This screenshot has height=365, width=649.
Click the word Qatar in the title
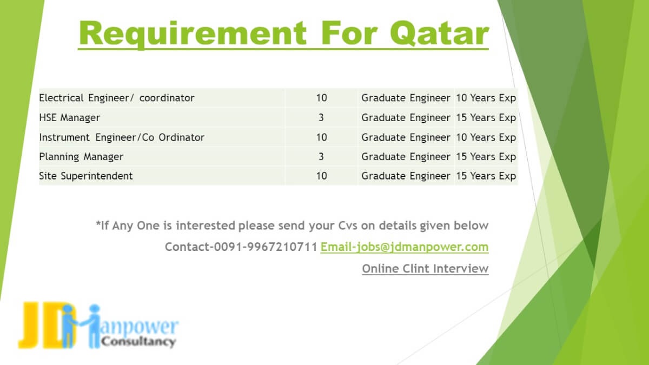coord(440,34)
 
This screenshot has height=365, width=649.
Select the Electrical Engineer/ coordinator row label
coord(116,98)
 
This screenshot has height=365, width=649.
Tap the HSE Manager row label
coord(70,118)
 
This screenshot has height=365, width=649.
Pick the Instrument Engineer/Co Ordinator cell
coord(122,137)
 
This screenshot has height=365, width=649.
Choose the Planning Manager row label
coord(81,157)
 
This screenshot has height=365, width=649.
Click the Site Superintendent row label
coord(86,176)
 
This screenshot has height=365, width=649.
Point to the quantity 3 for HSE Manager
coord(321,118)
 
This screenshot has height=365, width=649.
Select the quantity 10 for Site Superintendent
coord(321,176)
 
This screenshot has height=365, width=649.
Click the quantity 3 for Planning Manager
coord(321,157)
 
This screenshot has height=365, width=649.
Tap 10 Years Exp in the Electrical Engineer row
coord(486,98)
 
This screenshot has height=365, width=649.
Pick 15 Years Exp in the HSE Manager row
coord(486,118)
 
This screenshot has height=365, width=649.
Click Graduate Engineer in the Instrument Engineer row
coord(406,137)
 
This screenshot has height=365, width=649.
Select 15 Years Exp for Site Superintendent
coord(486,176)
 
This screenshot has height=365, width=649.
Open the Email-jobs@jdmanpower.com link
coord(405,247)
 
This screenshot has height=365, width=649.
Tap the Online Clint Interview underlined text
coord(425,269)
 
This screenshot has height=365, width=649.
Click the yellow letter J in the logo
coord(30,324)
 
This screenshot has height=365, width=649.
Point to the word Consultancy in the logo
coord(138,342)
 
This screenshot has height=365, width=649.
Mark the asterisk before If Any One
coord(98,223)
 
